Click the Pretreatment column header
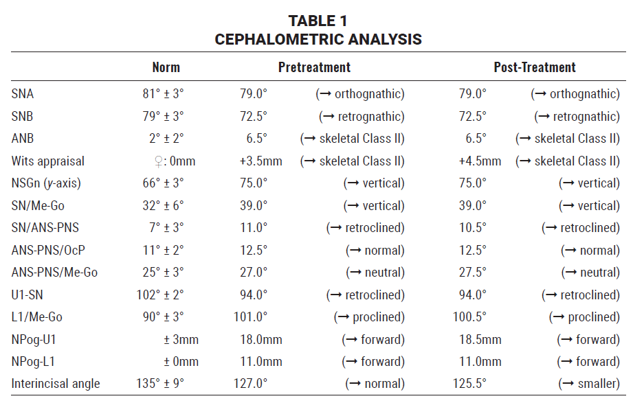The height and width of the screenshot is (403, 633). click(x=314, y=67)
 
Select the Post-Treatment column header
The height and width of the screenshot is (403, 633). click(x=535, y=67)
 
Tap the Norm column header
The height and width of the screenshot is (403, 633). click(x=166, y=67)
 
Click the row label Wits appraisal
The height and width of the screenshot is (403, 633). click(x=47, y=161)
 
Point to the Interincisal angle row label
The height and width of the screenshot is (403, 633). click(x=55, y=384)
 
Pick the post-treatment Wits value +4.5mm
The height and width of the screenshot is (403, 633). click(x=480, y=161)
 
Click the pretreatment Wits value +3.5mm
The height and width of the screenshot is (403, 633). click(x=260, y=161)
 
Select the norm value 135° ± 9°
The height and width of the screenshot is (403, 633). click(x=160, y=383)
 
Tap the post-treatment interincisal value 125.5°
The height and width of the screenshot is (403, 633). click(x=469, y=383)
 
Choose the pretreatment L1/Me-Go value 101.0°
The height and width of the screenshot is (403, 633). click(x=250, y=316)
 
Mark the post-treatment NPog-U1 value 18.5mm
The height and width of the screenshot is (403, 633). click(x=480, y=339)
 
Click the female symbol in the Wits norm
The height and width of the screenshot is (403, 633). click(x=159, y=162)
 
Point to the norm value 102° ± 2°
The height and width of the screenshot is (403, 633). click(x=160, y=295)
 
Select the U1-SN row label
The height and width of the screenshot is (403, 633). click(x=27, y=295)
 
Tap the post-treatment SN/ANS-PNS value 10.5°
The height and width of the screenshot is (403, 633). click(x=472, y=227)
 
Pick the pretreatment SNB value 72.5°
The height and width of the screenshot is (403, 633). click(x=254, y=116)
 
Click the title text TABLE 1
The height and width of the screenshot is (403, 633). click(x=318, y=21)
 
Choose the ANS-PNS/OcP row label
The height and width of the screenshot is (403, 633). click(x=48, y=250)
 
